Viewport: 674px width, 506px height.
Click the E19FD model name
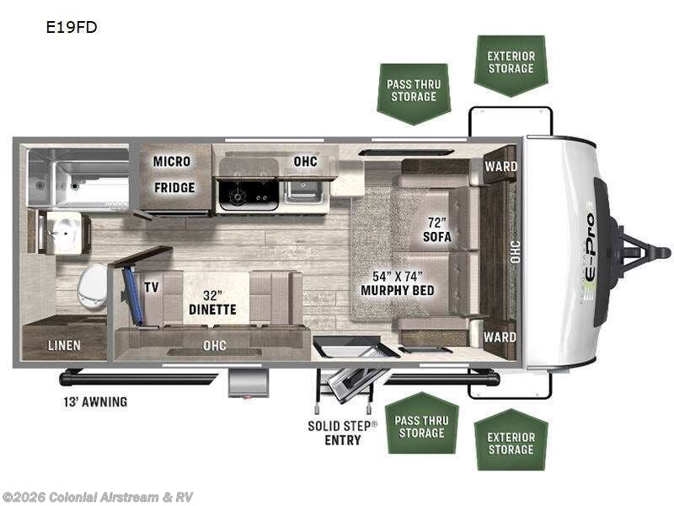72,27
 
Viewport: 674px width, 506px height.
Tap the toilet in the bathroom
92,286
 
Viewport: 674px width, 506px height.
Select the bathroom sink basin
62,234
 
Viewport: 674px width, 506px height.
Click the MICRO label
172,161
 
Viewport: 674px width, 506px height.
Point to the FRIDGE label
174,187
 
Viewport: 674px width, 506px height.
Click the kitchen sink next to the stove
303,191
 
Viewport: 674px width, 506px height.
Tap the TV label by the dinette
152,287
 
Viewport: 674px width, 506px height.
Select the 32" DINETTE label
212,303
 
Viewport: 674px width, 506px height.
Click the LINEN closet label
64,345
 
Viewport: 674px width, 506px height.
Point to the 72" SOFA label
437,229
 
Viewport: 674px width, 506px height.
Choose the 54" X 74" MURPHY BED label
398,283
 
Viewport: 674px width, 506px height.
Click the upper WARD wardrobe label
501,166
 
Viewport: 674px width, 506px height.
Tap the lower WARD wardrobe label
500,336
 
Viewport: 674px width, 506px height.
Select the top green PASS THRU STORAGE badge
414,94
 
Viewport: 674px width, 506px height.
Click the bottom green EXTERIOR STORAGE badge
511,439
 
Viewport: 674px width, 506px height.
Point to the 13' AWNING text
95,402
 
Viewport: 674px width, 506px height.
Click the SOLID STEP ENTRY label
343,433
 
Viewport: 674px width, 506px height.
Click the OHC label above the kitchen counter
306,161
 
